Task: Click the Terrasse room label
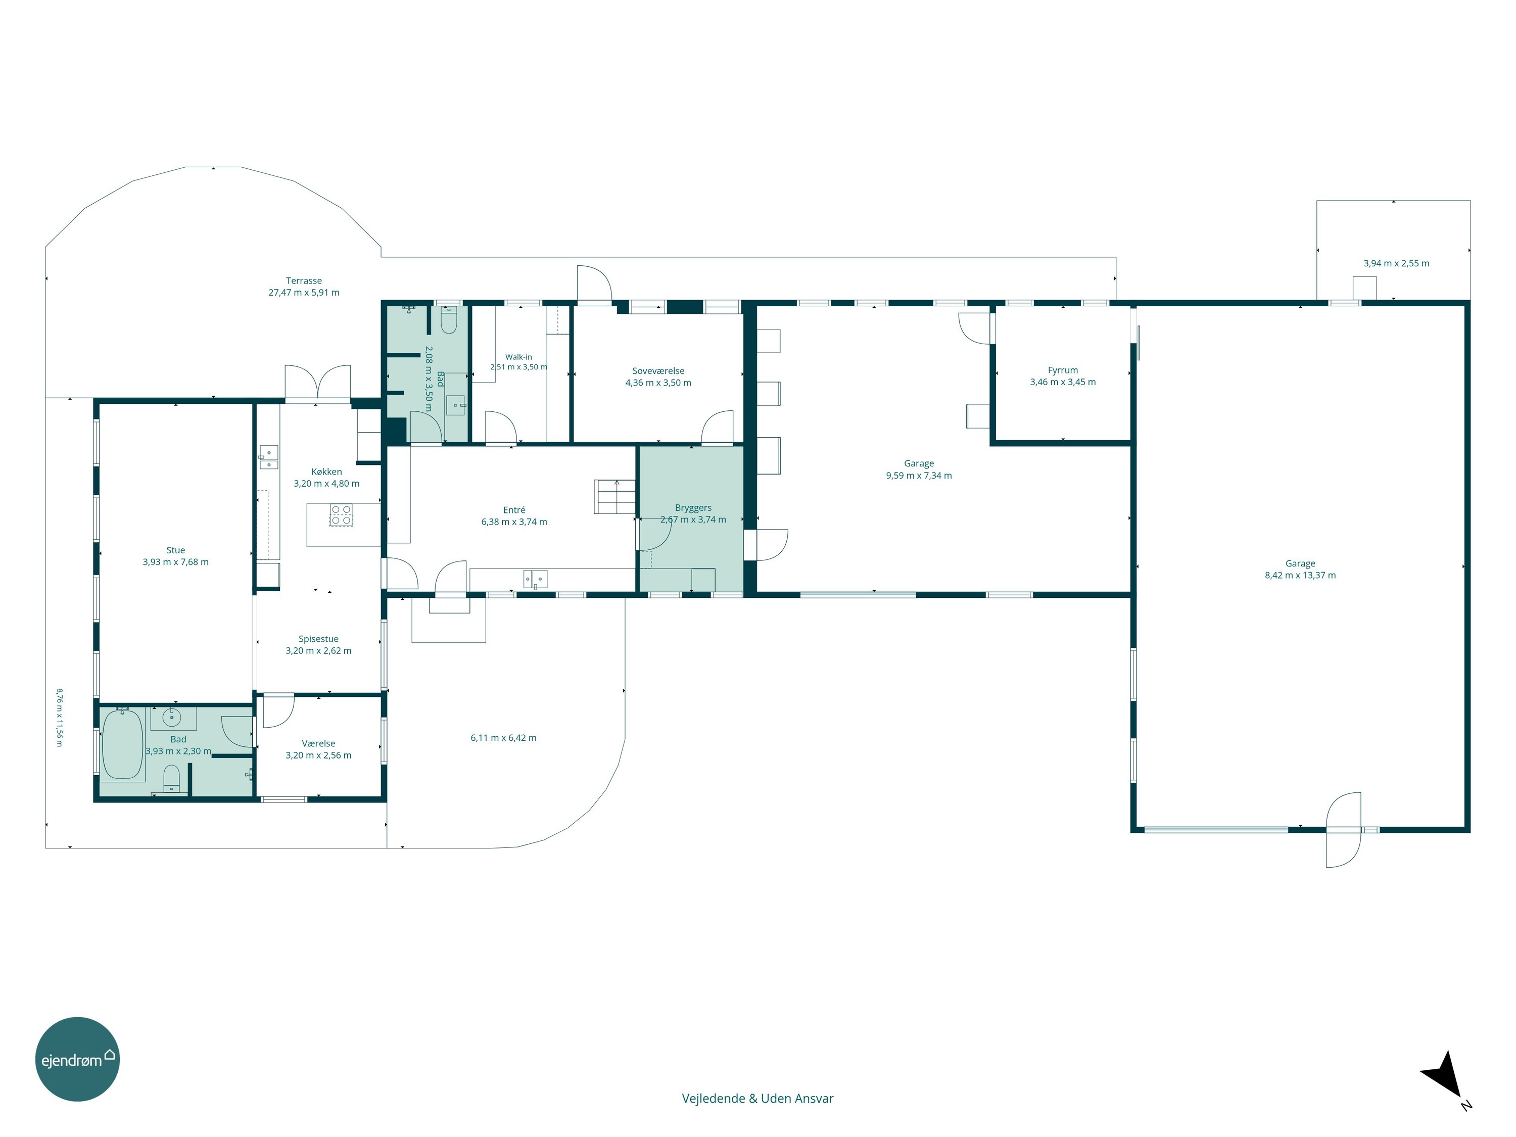(304, 280)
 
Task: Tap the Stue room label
(175, 550)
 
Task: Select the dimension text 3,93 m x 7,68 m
(175, 562)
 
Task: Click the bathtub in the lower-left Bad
(123, 744)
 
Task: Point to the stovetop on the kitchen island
(341, 515)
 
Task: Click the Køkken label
(326, 471)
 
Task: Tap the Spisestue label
(319, 639)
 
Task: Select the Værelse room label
(319, 743)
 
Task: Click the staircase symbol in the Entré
(615, 496)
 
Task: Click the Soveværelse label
(658, 371)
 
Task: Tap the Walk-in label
(519, 357)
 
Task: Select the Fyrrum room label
(1063, 370)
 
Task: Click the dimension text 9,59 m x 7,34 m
(919, 476)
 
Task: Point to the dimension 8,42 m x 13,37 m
(1300, 576)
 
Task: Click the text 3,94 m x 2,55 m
(1396, 263)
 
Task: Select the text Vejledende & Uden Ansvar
(757, 1098)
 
